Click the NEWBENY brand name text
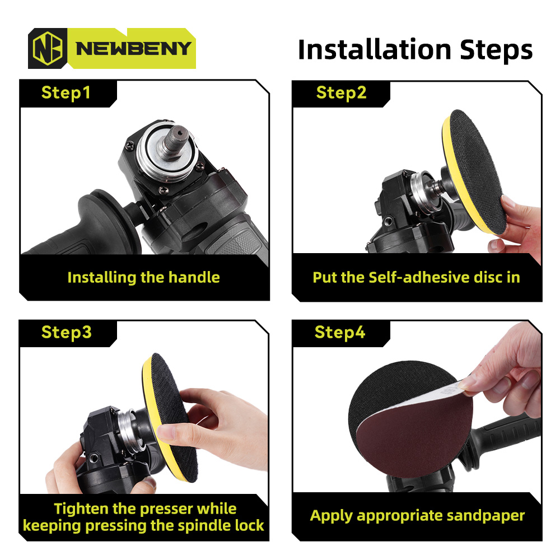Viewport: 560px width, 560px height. pos(134,49)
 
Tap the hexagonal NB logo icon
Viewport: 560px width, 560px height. pos(48,48)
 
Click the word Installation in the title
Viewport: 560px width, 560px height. pos(375,50)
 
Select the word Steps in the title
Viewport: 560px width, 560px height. pos(496,50)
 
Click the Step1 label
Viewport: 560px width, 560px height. pos(66,92)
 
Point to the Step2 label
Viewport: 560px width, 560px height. pos(341,92)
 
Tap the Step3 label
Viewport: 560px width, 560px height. pos(67,333)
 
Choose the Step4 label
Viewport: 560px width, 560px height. pos(340,333)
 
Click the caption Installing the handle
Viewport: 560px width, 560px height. pos(143,277)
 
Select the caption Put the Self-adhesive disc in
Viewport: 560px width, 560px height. pos(416,277)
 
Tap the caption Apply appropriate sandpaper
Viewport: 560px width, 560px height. pos(417,516)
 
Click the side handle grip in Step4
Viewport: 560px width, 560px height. pos(503,439)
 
